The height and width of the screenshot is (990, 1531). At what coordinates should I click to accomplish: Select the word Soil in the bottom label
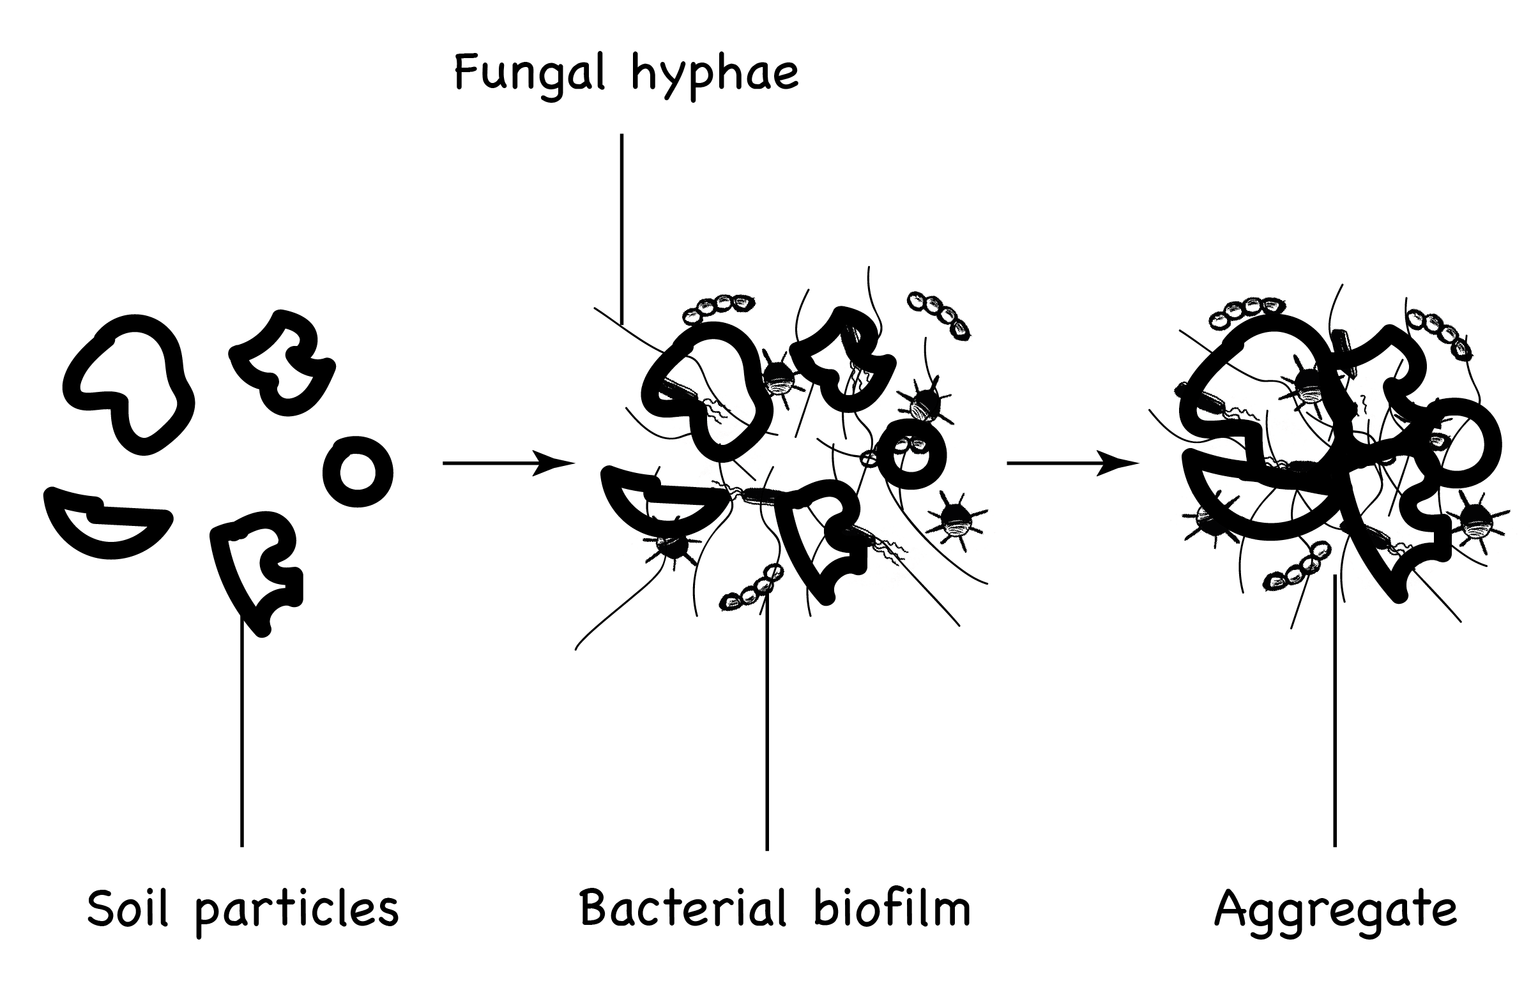(127, 909)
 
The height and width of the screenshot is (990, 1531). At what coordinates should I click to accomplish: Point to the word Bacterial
(683, 908)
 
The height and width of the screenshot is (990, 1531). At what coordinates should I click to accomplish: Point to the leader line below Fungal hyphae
(621, 225)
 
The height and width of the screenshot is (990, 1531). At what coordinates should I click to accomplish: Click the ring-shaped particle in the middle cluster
(911, 454)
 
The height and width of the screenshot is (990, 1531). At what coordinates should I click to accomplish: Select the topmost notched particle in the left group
(283, 364)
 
